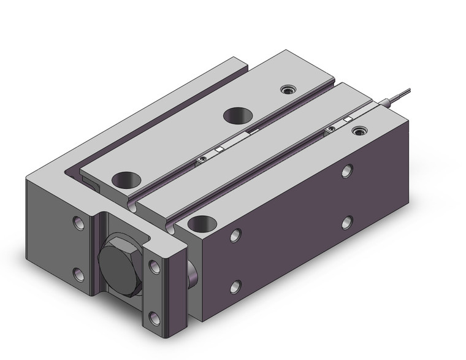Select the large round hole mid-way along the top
[236, 114]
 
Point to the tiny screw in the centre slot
[200, 161]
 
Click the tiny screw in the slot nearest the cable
[330, 128]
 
